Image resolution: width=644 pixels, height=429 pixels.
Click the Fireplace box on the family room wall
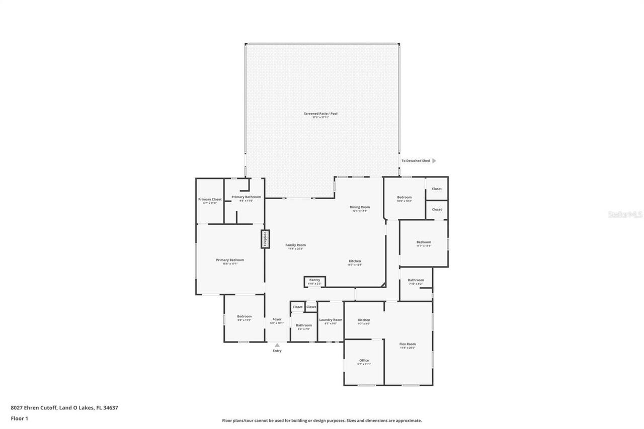[x=265, y=239]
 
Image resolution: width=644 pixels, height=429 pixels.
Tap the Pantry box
[x=315, y=282]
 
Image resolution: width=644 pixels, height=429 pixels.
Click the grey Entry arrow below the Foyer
[x=277, y=345]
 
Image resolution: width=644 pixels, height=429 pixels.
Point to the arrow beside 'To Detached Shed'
[x=434, y=161]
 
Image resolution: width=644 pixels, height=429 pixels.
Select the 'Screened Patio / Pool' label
[x=320, y=114]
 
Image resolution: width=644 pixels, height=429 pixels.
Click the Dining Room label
[x=360, y=207]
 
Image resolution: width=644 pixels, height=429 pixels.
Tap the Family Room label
[x=296, y=245]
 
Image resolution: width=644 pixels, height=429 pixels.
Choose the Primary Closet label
[x=210, y=200]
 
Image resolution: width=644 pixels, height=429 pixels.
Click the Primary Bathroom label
[x=246, y=197]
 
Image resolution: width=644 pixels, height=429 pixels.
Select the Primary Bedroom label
[x=230, y=260]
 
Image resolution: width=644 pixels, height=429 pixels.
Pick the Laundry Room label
[x=331, y=320]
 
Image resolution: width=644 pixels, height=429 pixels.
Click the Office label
[x=364, y=361]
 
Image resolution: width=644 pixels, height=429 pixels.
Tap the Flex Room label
[x=408, y=344]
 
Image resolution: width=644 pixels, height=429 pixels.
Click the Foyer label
[x=277, y=319]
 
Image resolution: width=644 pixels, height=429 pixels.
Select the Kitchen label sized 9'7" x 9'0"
[x=364, y=320]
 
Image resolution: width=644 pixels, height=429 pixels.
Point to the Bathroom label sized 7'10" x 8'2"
[x=416, y=280]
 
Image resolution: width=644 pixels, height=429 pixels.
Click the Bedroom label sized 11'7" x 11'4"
[x=424, y=242]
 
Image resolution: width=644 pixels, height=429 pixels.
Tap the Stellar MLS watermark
[x=625, y=214]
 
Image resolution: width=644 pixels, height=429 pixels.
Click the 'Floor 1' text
[x=19, y=418]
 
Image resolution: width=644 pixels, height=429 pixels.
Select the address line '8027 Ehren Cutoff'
[x=64, y=408]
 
